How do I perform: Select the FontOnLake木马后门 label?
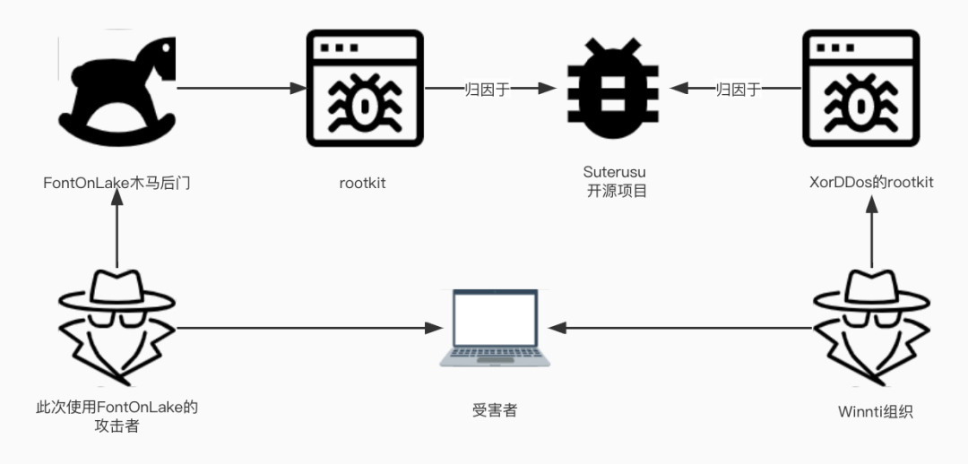point(117,183)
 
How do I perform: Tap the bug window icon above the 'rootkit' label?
point(364,88)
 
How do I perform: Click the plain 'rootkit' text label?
point(363,183)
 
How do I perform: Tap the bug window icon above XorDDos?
point(860,88)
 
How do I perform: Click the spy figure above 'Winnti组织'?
point(861,323)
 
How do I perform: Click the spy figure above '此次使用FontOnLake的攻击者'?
point(117,323)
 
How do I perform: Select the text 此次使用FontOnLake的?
point(117,408)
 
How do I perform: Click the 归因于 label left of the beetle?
point(487,89)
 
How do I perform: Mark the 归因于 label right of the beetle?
point(739,89)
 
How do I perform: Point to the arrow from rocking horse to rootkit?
point(242,89)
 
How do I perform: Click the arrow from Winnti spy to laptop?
point(681,327)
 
